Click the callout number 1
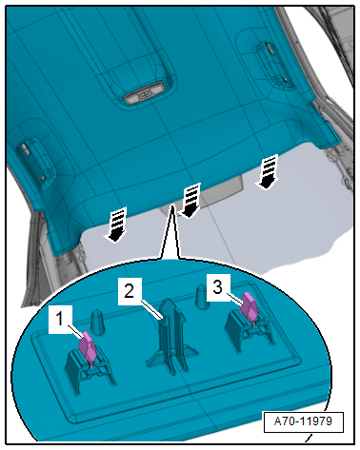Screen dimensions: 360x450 tap(59, 319)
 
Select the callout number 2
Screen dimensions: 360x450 tap(129, 291)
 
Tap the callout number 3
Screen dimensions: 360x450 tap(217, 287)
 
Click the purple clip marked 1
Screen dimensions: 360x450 tap(88, 348)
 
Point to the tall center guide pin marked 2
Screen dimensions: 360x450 tap(172, 335)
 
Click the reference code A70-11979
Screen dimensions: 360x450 tap(303, 421)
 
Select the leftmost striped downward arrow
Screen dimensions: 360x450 tap(115, 225)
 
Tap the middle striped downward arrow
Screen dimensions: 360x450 tap(190, 201)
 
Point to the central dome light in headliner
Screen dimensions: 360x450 tap(145, 94)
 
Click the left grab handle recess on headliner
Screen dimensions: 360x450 tap(36, 162)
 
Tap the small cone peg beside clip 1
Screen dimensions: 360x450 tap(97, 322)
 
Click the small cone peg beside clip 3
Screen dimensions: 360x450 tap(203, 297)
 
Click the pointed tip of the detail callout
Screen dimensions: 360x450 tap(171, 205)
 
